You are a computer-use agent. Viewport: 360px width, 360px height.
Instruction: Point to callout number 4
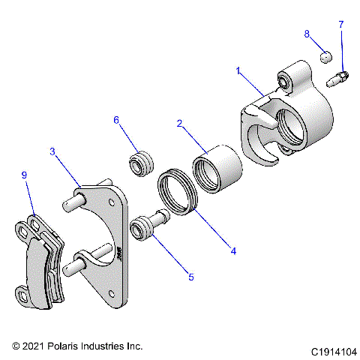[233, 250]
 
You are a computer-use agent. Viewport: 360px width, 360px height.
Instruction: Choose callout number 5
[191, 277]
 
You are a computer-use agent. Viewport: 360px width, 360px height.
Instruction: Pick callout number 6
[116, 120]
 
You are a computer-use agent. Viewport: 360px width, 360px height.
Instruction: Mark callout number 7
[341, 25]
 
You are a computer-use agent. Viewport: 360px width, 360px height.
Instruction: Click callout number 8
[307, 34]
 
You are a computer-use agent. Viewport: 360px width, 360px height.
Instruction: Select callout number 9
[25, 175]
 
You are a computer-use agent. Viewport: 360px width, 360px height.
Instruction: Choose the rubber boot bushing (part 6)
[140, 162]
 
